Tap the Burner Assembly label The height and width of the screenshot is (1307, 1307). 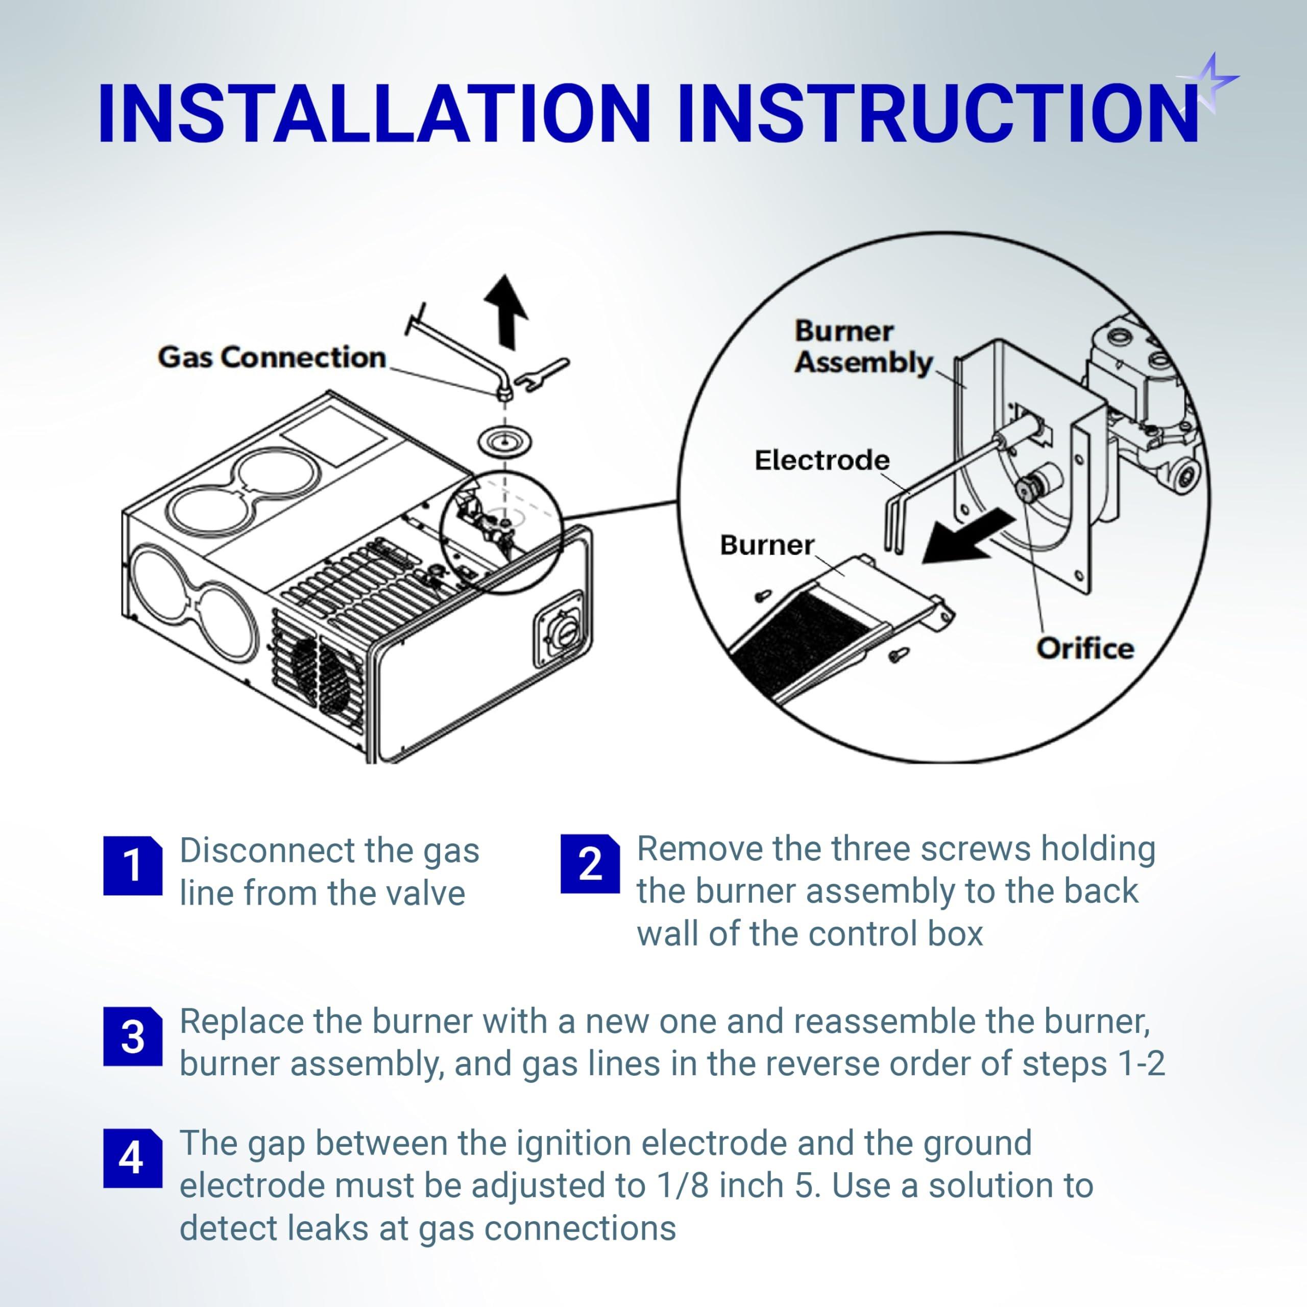862,346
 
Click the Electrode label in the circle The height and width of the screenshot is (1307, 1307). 822,461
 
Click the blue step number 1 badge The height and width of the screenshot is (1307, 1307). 133,866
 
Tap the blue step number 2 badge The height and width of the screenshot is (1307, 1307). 590,864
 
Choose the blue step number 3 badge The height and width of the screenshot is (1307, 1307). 133,1037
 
